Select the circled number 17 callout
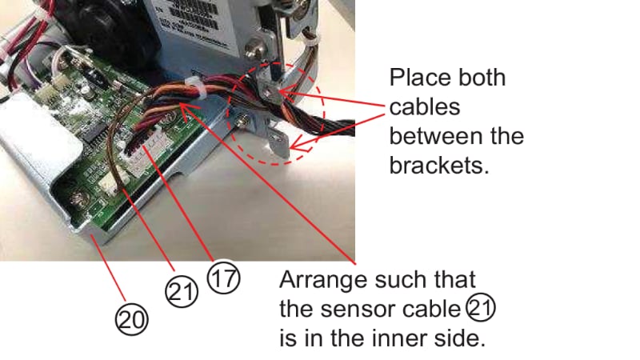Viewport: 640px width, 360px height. pos(223,279)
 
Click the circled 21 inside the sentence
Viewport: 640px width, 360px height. pos(479,308)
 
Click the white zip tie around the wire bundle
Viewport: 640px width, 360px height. pos(193,85)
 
